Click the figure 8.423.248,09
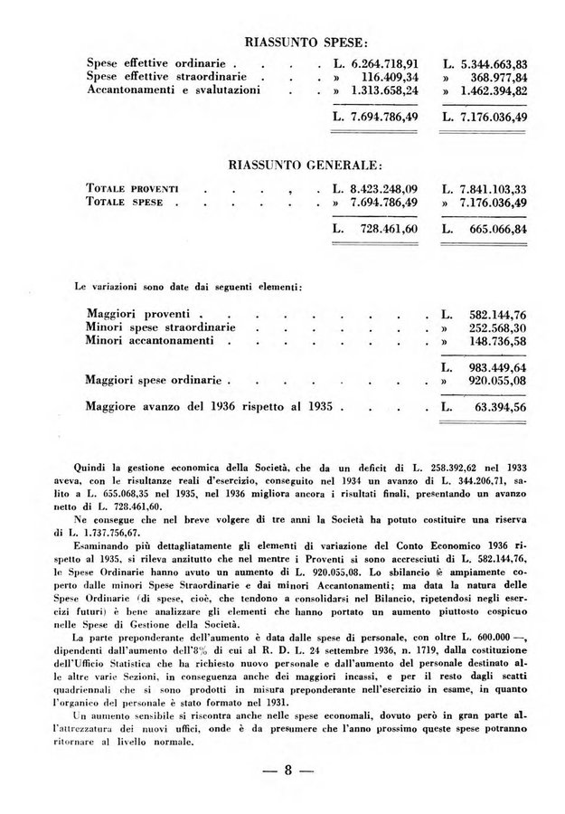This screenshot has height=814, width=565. [382, 189]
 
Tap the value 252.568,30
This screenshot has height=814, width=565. [498, 327]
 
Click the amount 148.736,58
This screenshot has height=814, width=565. [498, 341]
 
